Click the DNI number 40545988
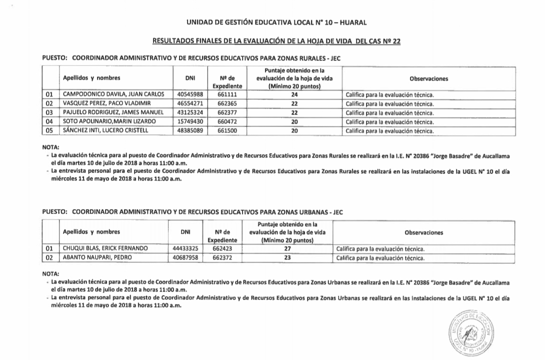click(190, 94)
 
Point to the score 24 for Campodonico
click(294, 94)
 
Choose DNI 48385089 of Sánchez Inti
click(190, 131)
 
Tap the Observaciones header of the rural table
click(428, 78)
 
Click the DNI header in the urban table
click(185, 232)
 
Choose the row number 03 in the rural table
click(49, 113)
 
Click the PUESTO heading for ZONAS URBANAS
click(192, 211)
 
